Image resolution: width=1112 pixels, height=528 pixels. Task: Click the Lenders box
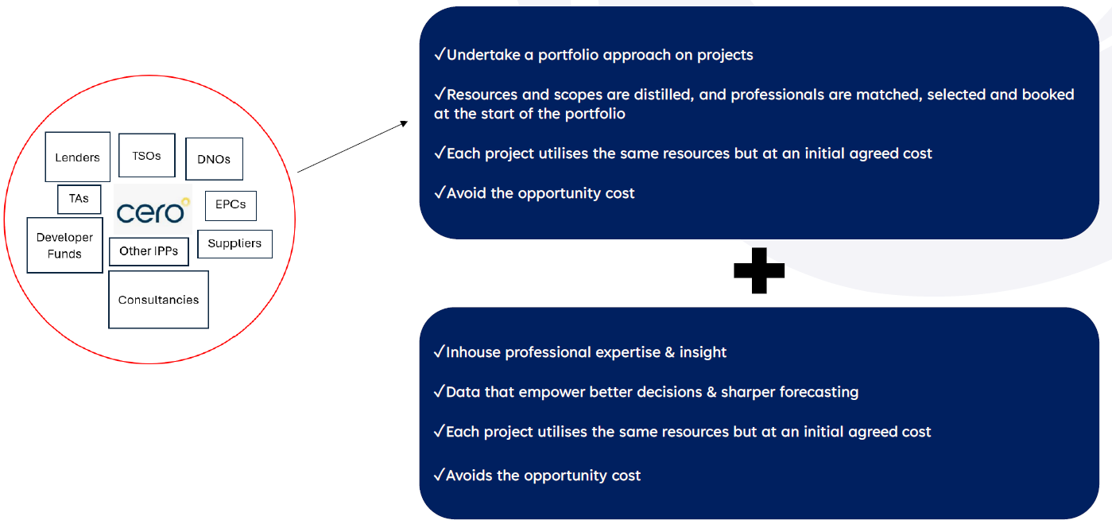pos(77,157)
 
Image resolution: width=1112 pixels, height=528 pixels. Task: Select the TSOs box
pos(147,155)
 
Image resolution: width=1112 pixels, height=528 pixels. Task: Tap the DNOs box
pos(214,159)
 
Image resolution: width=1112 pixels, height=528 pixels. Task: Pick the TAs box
pos(79,199)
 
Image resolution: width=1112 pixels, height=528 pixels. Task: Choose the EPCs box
pos(231,206)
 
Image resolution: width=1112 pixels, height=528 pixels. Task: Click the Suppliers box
pos(234,244)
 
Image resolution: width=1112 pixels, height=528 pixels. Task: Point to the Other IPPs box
pos(149,252)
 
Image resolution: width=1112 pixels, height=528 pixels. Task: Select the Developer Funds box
pos(64,246)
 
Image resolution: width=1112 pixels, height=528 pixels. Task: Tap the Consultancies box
pos(158,300)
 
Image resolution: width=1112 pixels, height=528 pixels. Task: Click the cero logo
pos(153,210)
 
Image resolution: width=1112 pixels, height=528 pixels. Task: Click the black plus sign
pos(759,270)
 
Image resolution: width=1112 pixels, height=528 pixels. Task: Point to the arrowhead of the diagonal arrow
pos(405,123)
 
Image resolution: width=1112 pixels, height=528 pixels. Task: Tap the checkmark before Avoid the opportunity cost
pos(440,192)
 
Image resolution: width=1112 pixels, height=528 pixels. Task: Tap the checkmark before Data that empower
pos(440,391)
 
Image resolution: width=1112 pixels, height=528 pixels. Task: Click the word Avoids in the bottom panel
pos(469,476)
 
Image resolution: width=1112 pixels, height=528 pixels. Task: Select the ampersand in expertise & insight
pos(670,352)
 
